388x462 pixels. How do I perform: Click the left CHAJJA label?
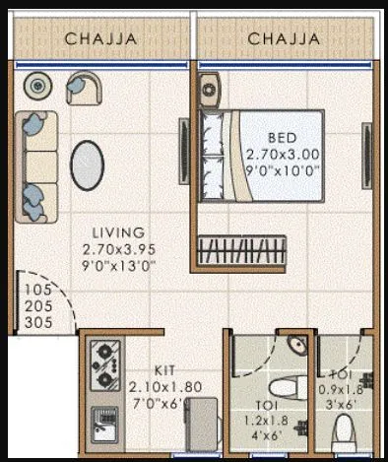(x=99, y=38)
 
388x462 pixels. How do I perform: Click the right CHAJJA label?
(x=285, y=38)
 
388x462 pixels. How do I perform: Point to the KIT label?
(x=164, y=371)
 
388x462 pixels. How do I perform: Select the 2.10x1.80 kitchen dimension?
(x=164, y=388)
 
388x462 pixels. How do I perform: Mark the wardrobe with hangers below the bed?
(x=241, y=247)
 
